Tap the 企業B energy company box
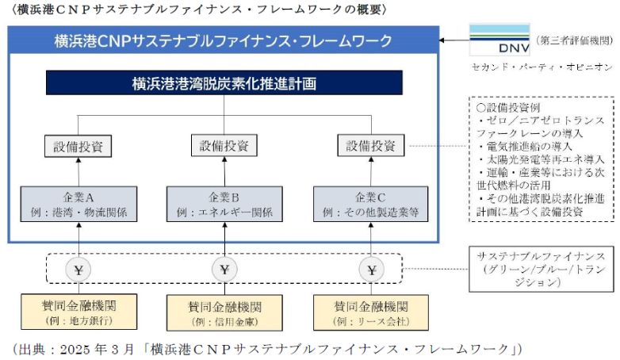[224, 204]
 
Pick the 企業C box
[372, 204]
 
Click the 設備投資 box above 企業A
[78, 146]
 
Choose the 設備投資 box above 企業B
[224, 146]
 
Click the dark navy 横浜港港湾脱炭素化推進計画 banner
[224, 82]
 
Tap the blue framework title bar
[224, 40]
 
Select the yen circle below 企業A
[78, 270]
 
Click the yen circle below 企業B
[225, 270]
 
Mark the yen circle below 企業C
[372, 270]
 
